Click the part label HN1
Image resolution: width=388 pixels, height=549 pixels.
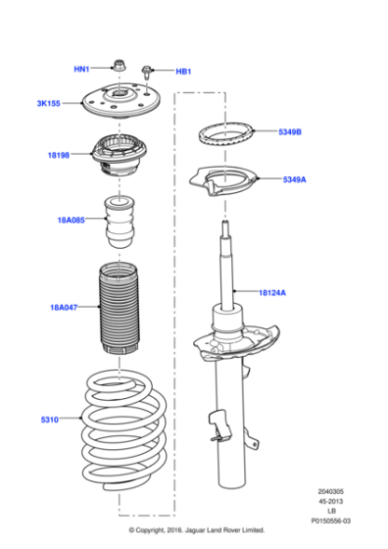81,70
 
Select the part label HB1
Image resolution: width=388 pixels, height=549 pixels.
183,72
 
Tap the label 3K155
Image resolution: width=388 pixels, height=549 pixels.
48,103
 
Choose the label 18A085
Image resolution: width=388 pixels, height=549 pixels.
72,221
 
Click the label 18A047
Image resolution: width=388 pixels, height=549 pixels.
65,308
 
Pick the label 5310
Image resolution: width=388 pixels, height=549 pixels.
50,420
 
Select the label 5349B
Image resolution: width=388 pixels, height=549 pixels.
289,131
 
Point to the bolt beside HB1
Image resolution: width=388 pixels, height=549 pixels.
148,70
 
